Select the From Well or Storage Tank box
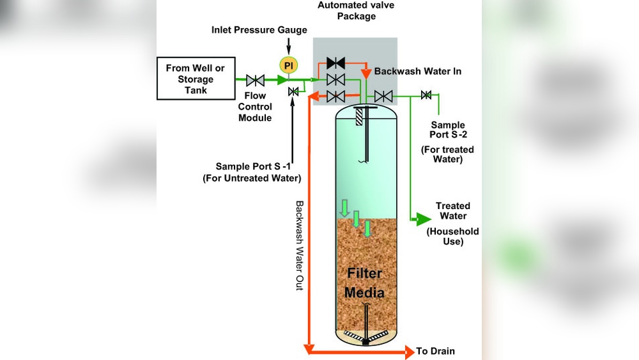pos(195,79)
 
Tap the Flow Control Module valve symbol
pos(256,81)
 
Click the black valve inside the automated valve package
pos(335,63)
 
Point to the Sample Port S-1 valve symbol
pos(293,92)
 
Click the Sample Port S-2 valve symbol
pos(426,96)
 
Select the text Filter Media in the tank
pos(364,283)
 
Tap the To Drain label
pos(435,351)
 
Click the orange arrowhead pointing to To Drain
pos(409,351)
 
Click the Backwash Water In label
pos(417,72)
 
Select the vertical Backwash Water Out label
pos(299,246)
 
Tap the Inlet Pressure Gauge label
pos(259,30)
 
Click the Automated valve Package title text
pos(356,11)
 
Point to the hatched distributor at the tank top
pos(359,115)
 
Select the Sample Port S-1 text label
pos(251,172)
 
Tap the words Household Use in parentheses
pos(452,237)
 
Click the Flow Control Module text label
pos(255,107)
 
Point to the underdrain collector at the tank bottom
pos(366,336)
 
